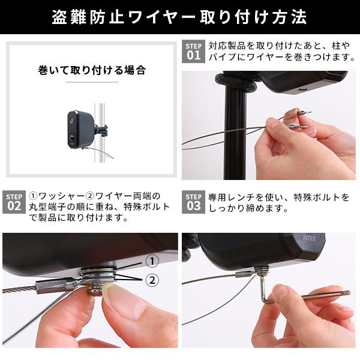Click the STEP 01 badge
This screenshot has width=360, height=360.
pos(193,52)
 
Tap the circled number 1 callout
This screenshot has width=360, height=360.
pos(152,261)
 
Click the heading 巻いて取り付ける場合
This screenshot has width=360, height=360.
pos(91,70)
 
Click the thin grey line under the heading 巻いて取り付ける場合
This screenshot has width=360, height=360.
pos(91,82)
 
